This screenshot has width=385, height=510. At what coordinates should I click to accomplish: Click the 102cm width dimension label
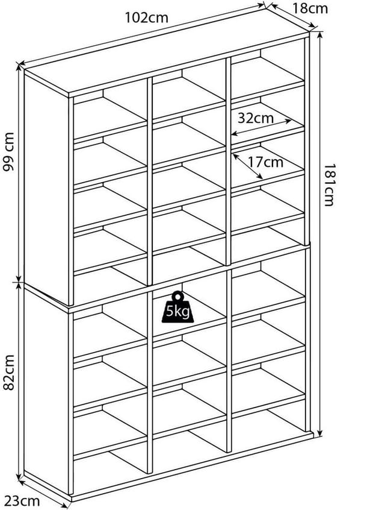point(147,17)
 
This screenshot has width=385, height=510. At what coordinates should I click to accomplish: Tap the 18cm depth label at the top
point(310,8)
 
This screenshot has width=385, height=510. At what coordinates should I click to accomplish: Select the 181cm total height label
point(329,184)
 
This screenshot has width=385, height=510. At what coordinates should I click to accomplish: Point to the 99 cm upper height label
point(8,151)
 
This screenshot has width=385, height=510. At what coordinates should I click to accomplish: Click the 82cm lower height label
point(9,373)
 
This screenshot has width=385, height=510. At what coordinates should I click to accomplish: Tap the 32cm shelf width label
point(256,118)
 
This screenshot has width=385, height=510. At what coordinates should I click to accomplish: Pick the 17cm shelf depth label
point(265,162)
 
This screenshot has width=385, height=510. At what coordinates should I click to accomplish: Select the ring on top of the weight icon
point(177,296)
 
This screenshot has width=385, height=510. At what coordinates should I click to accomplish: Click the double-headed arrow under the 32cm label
point(262,127)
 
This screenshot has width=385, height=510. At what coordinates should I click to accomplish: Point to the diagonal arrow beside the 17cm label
point(248,166)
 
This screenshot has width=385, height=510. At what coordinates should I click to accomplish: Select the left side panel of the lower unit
point(46,390)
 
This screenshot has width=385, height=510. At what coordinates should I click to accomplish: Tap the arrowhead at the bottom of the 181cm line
point(320,433)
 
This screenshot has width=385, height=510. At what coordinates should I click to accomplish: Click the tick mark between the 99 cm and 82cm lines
point(19,282)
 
